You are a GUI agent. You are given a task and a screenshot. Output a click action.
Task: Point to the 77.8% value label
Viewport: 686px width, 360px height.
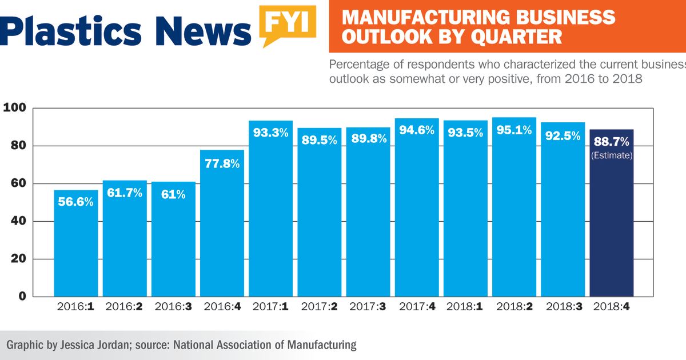[221, 163]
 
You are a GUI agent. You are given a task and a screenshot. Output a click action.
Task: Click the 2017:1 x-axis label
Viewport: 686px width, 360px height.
[270, 307]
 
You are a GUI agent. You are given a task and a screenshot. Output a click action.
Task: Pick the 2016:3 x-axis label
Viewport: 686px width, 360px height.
[173, 307]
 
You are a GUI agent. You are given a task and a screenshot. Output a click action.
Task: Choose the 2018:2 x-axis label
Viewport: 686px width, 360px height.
[513, 307]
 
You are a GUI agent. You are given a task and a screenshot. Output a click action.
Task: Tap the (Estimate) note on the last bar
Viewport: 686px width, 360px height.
[611, 155]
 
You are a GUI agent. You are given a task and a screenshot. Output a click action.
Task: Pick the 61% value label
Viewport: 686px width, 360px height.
[173, 194]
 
